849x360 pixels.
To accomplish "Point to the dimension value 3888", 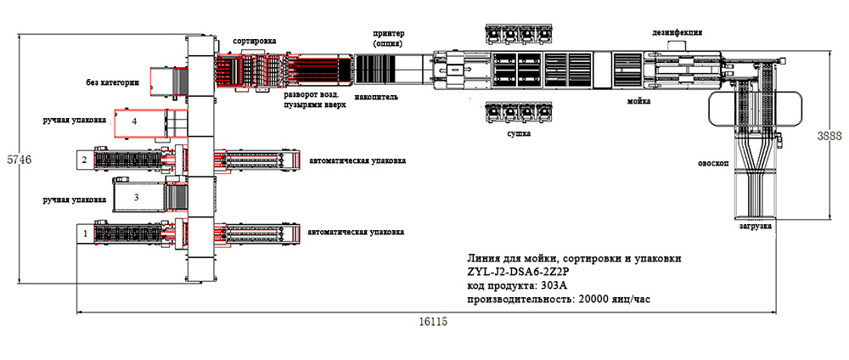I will pyautogui.click(x=830, y=135).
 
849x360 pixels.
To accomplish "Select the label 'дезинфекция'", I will pyautogui.click(x=677, y=32).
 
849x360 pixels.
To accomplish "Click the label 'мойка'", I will pyautogui.click(x=638, y=101).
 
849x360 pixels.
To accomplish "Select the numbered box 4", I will pyautogui.click(x=134, y=121).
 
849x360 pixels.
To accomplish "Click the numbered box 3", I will pyautogui.click(x=135, y=197).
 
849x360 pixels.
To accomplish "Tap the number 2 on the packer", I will pyautogui.click(x=84, y=159).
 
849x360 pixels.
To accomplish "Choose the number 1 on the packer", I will pyautogui.click(x=84, y=231).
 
